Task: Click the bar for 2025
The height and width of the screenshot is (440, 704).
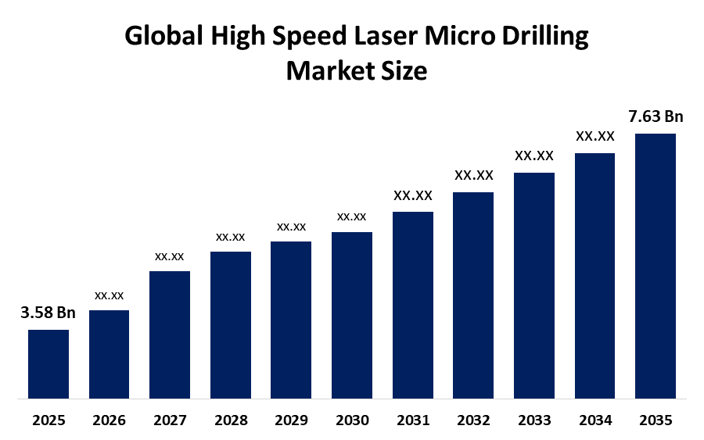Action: tap(48, 364)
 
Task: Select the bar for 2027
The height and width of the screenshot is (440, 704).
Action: tap(170, 334)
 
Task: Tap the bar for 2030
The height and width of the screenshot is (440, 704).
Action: tap(352, 315)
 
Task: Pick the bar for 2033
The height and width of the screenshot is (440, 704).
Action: tap(534, 286)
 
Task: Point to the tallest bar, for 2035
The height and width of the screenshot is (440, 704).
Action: tap(656, 266)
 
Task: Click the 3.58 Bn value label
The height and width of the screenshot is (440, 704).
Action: tap(48, 313)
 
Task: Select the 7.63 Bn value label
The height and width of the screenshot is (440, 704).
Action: tap(656, 116)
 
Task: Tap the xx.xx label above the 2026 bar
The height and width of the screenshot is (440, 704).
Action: tap(109, 295)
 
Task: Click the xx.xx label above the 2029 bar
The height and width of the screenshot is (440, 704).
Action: tap(292, 227)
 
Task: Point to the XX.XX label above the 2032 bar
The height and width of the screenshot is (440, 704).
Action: tap(474, 175)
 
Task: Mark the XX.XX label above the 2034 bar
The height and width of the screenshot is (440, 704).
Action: tap(595, 136)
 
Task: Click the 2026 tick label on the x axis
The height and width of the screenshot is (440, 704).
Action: tap(109, 420)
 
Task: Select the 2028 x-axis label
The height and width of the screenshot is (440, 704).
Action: tap(231, 420)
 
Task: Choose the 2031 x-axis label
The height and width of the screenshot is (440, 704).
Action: tap(413, 420)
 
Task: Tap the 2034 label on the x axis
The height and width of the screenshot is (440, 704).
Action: tap(595, 420)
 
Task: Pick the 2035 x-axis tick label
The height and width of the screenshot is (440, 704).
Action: tap(656, 420)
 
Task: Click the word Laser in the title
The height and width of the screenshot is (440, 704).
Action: tap(386, 35)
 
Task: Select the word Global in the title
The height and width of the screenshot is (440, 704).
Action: tap(164, 35)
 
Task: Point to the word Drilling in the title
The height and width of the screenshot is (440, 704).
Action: tap(545, 37)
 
